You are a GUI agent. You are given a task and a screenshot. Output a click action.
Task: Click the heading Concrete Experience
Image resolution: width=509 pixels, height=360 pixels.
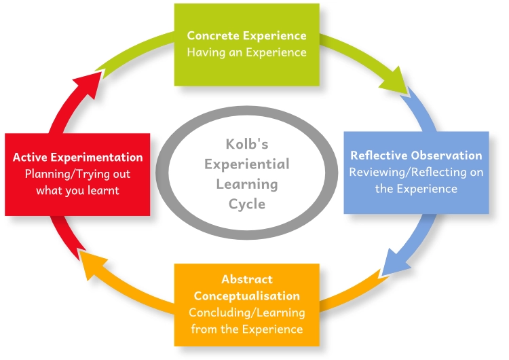(246, 35)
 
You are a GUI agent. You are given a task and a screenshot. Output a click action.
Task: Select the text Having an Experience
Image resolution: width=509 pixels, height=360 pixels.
(246, 52)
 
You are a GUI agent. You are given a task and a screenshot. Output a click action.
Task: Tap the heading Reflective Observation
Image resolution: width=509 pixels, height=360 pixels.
(416, 155)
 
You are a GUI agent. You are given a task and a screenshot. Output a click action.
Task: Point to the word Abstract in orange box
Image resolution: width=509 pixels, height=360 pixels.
(246, 279)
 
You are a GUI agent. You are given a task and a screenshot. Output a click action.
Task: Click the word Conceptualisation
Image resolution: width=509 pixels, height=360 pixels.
(246, 295)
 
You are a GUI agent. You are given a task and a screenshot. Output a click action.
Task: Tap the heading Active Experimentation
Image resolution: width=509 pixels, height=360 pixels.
(78, 157)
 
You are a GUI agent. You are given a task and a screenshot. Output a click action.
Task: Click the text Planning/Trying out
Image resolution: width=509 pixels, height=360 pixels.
(78, 174)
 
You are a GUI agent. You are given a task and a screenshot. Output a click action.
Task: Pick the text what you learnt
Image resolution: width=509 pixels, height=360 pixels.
(78, 190)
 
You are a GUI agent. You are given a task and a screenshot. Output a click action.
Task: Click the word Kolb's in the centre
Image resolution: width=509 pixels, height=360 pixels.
(248, 144)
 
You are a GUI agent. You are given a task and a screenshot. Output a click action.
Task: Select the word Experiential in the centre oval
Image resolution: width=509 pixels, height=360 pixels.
(248, 164)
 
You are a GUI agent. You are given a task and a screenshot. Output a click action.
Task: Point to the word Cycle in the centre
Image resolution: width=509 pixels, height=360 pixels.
(248, 204)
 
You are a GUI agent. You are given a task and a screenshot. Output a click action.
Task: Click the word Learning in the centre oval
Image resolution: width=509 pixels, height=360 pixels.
(248, 184)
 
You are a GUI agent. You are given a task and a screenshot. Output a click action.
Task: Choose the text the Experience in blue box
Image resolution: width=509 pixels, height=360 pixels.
(416, 188)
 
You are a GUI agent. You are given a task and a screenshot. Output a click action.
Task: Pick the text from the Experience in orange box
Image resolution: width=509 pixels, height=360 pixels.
(246, 329)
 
